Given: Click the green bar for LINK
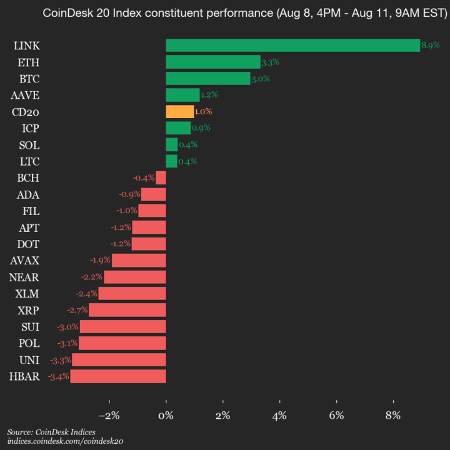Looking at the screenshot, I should coord(292,45).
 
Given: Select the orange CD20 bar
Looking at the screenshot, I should coord(179,112).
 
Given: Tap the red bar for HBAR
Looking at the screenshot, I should coord(117,376).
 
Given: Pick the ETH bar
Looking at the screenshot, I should coord(212,62).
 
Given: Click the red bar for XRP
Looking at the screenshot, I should coord(127,310).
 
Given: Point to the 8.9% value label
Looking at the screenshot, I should coord(431,45).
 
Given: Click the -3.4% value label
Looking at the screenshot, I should coord(58,376).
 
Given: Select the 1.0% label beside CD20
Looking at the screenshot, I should coord(204,112).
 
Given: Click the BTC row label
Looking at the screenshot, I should coord(29,79).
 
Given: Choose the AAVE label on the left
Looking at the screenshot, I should coord(25,95).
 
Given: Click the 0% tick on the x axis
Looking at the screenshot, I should coord(166,416).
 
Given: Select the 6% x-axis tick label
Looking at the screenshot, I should coord(336,416).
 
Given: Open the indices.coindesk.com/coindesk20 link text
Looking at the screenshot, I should coord(65,441).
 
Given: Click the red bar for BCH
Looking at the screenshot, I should coord(161,178).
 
